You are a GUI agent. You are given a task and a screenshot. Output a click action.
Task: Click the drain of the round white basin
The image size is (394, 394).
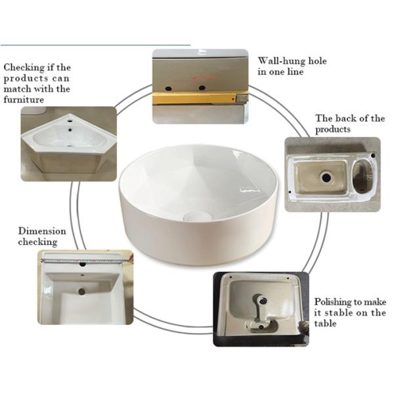pyautogui.click(x=197, y=216)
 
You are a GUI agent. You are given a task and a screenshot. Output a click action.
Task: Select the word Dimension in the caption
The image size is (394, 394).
pyautogui.click(x=42, y=231)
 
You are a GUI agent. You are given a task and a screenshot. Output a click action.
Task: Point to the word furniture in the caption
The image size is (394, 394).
pyautogui.click(x=24, y=100)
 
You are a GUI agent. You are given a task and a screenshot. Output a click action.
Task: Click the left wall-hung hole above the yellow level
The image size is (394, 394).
pyautogui.click(x=169, y=89)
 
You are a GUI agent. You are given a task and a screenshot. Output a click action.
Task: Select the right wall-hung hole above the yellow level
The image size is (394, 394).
pyautogui.click(x=202, y=88)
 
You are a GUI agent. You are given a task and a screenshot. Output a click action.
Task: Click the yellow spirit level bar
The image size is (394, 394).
pyautogui.click(x=195, y=98)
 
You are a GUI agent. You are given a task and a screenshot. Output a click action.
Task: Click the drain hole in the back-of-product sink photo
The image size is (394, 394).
pyautogui.click(x=326, y=178)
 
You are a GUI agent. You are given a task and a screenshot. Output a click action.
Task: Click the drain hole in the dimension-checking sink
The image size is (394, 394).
pyautogui.click(x=81, y=292)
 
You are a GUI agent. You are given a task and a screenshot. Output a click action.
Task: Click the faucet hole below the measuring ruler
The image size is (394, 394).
pyautogui.click(x=83, y=265)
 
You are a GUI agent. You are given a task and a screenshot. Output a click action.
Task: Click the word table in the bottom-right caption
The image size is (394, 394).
pyautogui.click(x=325, y=323)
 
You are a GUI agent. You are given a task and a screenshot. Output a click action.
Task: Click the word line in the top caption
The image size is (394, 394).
pyautogui.click(x=295, y=72)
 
